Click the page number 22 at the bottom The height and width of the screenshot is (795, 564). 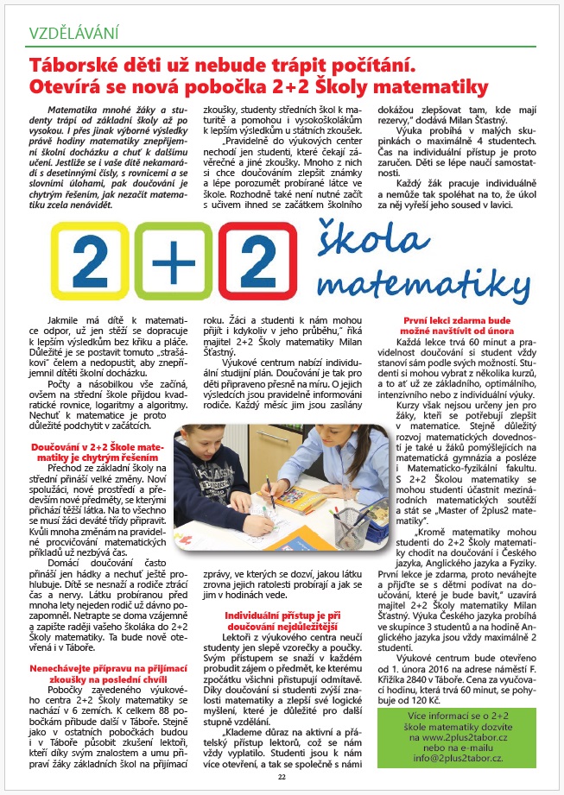click(x=282, y=776)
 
